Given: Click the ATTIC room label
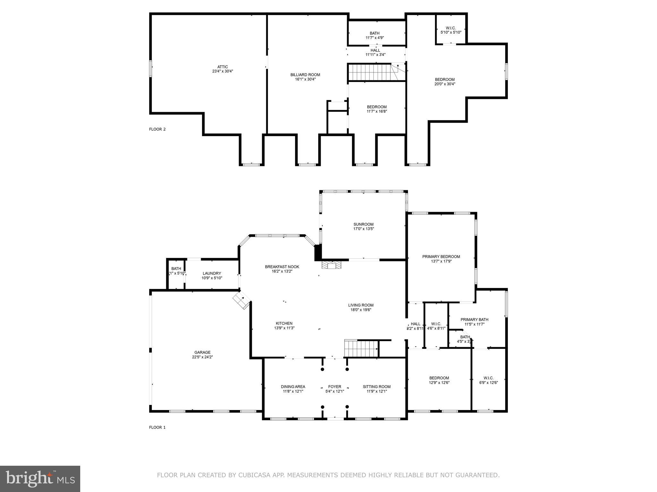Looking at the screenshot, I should pos(222,67).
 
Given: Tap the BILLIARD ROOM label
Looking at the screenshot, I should pos(305,75).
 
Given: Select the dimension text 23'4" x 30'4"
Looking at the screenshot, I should pos(222,71).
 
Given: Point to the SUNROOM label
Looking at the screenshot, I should pos(363,224).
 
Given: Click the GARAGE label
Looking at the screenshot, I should pos(202,352).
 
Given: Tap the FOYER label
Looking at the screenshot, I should pos(335,387).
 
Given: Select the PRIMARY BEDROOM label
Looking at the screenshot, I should pos(441,257).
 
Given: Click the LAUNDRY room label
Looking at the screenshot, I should pos(212,273).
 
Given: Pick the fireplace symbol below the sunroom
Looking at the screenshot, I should pos(332,265).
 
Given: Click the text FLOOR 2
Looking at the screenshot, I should pos(157,129).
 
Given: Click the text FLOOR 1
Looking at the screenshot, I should pos(157,427).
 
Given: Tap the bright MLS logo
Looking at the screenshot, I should pos(40,479).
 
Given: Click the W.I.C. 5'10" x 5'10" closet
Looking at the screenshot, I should pos(451,30).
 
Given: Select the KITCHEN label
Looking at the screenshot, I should pos(284,324).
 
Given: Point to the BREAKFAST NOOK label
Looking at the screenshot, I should pos(282,266).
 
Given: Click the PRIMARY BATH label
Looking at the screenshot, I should pos(474,319).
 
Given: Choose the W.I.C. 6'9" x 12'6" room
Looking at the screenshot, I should pos(489,380).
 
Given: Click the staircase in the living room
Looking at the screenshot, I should pos(361,348).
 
